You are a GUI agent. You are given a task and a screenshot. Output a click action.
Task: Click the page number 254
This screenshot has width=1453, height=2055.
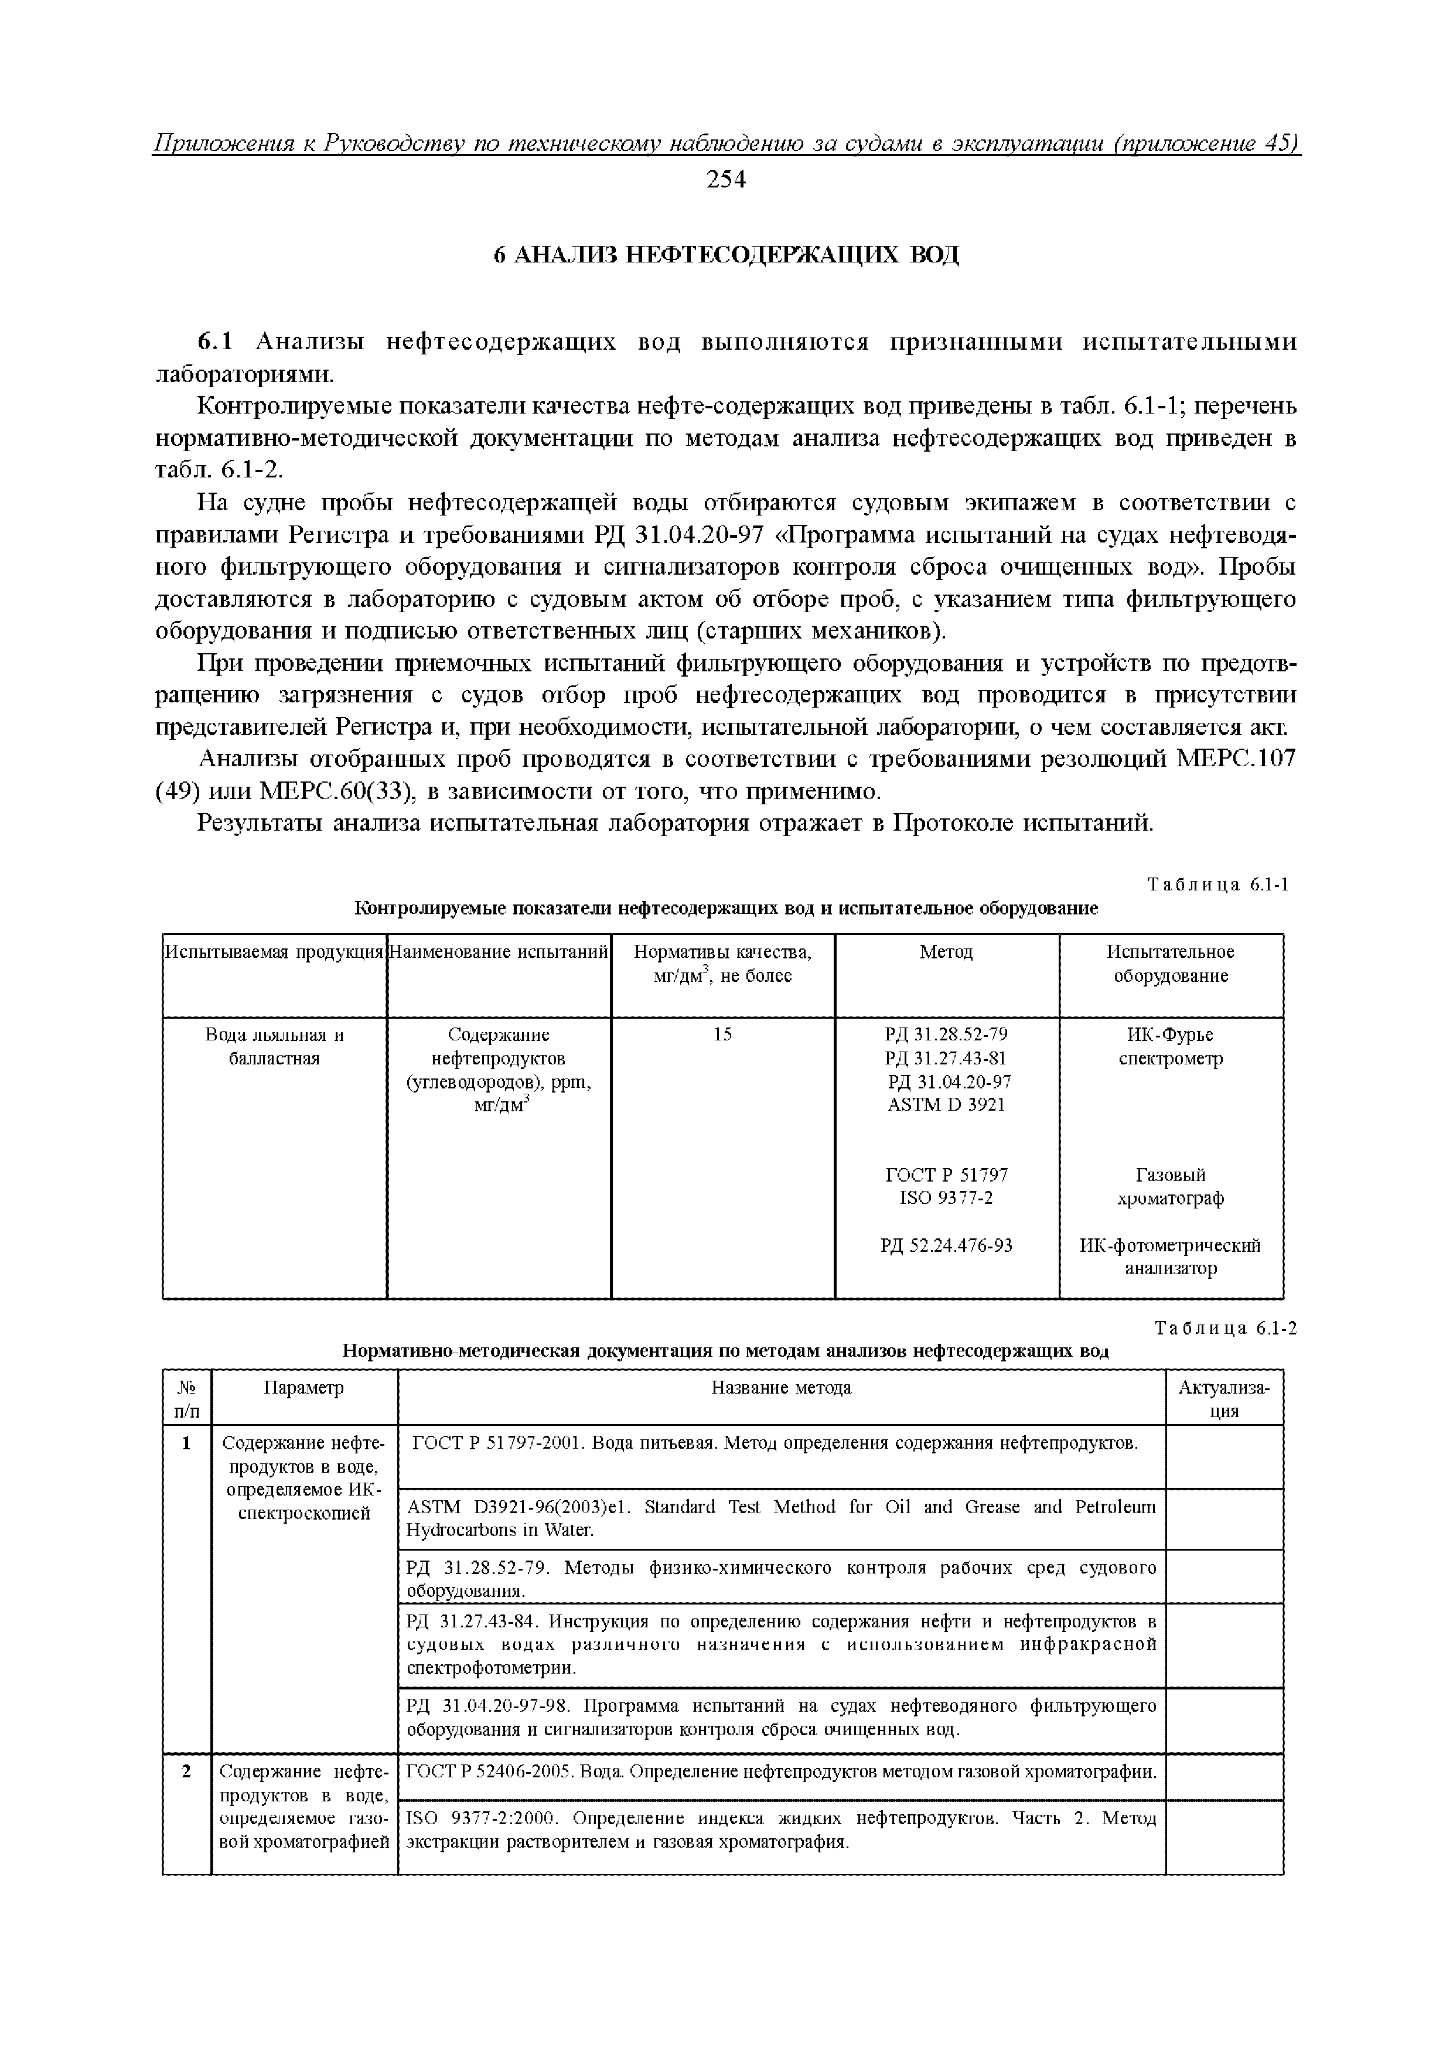[725, 180]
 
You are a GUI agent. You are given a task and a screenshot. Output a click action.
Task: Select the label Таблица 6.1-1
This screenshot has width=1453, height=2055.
[1219, 885]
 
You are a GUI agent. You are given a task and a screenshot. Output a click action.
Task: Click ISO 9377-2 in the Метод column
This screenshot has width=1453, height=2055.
[946, 1197]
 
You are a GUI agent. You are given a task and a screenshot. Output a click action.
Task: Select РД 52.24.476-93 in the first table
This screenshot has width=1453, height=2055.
[946, 1245]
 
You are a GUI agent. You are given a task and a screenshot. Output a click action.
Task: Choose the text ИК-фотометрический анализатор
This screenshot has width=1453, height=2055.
[1170, 1257]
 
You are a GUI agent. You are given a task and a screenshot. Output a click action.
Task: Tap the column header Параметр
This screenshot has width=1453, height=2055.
[303, 1388]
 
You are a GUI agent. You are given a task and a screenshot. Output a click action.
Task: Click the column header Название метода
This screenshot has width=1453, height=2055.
[780, 1388]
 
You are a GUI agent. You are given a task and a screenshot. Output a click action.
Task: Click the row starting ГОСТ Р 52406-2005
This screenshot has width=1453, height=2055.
[780, 1772]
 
